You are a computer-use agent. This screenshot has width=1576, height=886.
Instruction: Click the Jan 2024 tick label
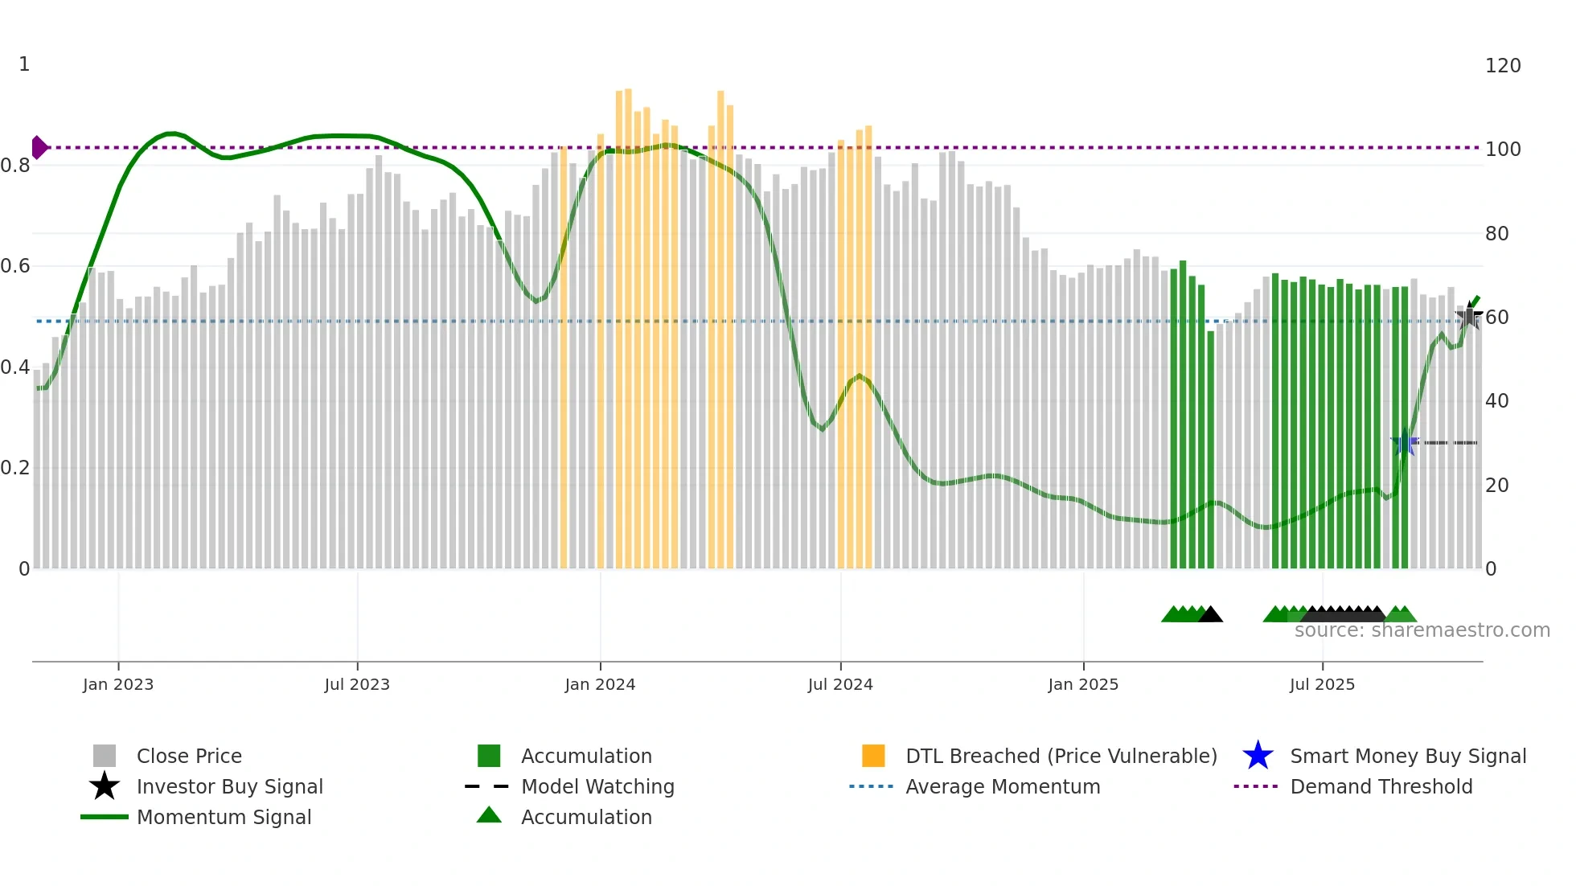(x=600, y=684)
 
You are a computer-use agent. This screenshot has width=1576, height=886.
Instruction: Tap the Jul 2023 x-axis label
(x=357, y=684)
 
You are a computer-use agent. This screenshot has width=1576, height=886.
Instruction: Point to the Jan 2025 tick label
(x=1083, y=684)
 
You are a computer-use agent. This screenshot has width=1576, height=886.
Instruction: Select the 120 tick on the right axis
(x=1502, y=66)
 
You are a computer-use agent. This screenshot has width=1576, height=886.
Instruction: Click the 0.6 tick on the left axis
(x=16, y=266)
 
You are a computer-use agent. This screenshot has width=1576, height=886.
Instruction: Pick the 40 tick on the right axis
(x=1496, y=400)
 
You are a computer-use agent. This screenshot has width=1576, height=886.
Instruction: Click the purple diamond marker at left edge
(x=39, y=147)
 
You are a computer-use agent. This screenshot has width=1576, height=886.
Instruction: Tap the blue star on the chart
(x=1405, y=442)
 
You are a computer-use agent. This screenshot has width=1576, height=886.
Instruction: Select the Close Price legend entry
(x=189, y=756)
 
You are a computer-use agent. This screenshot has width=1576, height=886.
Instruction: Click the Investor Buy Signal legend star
(x=105, y=786)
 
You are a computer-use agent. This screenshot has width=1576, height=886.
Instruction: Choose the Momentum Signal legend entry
(x=224, y=817)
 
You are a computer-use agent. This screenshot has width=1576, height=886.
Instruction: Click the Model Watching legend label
(x=597, y=786)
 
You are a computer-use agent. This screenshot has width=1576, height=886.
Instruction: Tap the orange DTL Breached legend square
(x=873, y=756)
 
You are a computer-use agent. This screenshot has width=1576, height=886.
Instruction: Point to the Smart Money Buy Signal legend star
(x=1258, y=756)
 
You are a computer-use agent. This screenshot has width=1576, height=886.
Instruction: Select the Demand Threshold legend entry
(x=1381, y=786)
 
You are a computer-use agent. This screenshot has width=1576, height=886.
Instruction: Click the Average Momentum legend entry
(x=1002, y=786)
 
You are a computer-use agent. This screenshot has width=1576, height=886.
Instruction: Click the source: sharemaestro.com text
(x=1422, y=630)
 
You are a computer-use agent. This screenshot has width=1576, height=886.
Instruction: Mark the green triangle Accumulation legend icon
(x=489, y=815)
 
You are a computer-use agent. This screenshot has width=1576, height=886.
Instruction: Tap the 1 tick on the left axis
(x=24, y=64)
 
